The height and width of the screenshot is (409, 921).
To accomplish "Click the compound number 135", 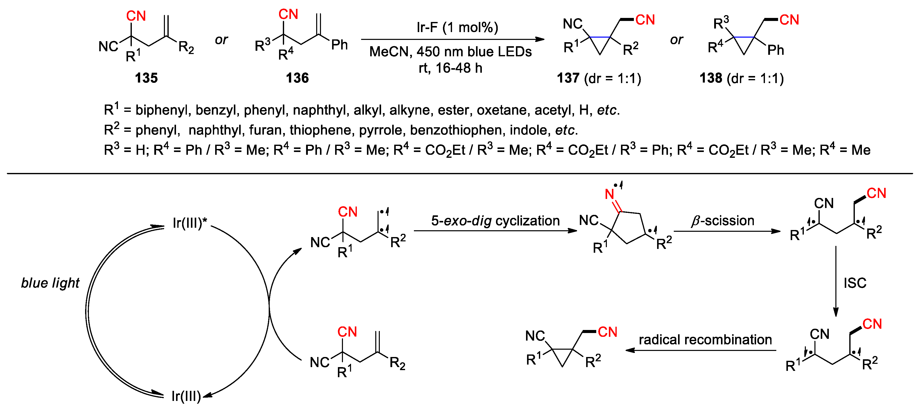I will coord(146,78).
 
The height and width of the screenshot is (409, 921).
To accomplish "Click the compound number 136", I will coord(297,78).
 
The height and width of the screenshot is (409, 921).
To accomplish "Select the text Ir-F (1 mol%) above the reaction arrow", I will coord(457,27).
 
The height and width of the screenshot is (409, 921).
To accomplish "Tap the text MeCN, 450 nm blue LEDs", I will coord(451,52).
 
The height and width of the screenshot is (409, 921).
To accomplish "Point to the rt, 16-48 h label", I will coord(451,68).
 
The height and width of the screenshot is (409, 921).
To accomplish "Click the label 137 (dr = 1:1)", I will coord(599,78).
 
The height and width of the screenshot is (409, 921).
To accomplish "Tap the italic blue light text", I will coord(50,283).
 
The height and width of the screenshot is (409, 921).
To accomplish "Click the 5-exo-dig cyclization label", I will coord(495,221).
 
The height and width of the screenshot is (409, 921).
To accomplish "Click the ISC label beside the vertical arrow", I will coord(855,283).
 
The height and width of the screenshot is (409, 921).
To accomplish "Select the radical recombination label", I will coord(705,339).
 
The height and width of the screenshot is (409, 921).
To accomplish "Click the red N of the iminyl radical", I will coord(609,194).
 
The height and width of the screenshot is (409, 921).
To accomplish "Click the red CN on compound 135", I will coord(136,16).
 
